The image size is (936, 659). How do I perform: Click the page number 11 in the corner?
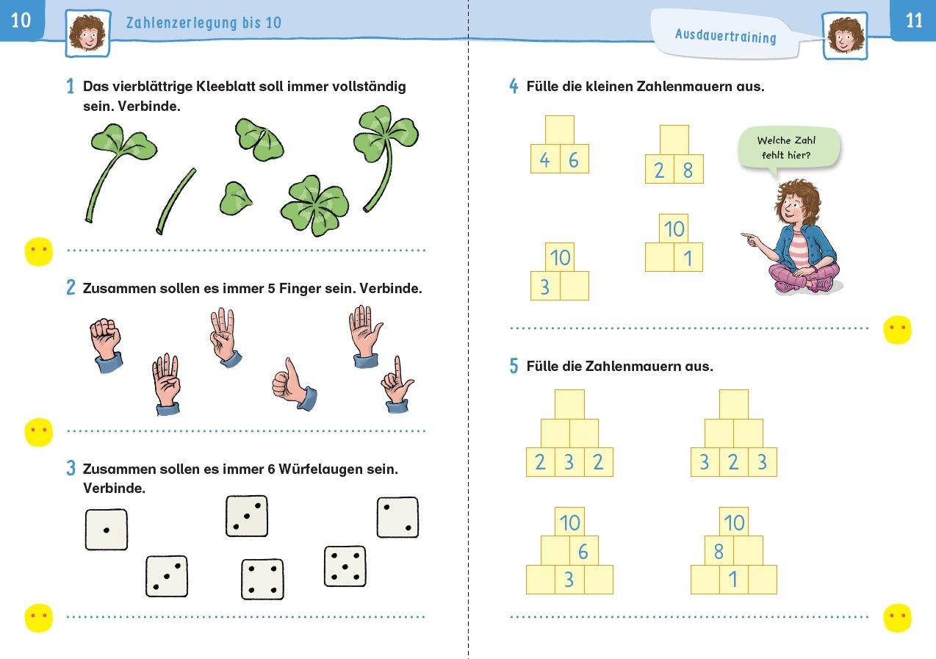(913, 21)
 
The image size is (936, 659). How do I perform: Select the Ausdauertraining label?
(725, 36)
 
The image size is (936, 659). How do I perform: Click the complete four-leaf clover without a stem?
(315, 205)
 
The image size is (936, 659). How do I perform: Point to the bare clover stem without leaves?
(176, 201)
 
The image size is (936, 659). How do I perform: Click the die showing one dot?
(106, 530)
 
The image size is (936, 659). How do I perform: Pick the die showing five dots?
(345, 566)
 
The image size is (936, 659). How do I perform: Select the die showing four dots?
(262, 579)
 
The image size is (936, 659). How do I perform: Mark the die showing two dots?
(397, 517)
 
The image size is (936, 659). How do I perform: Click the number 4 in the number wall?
(544, 159)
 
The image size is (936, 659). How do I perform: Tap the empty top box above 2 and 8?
(674, 140)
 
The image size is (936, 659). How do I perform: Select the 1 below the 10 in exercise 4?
(688, 258)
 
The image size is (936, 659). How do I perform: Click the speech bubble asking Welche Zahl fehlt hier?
(788, 147)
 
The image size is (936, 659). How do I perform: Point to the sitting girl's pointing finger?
(745, 236)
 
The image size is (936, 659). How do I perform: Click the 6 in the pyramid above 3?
(583, 552)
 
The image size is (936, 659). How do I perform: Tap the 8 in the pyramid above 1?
(719, 552)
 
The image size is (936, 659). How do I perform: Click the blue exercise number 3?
(71, 469)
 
